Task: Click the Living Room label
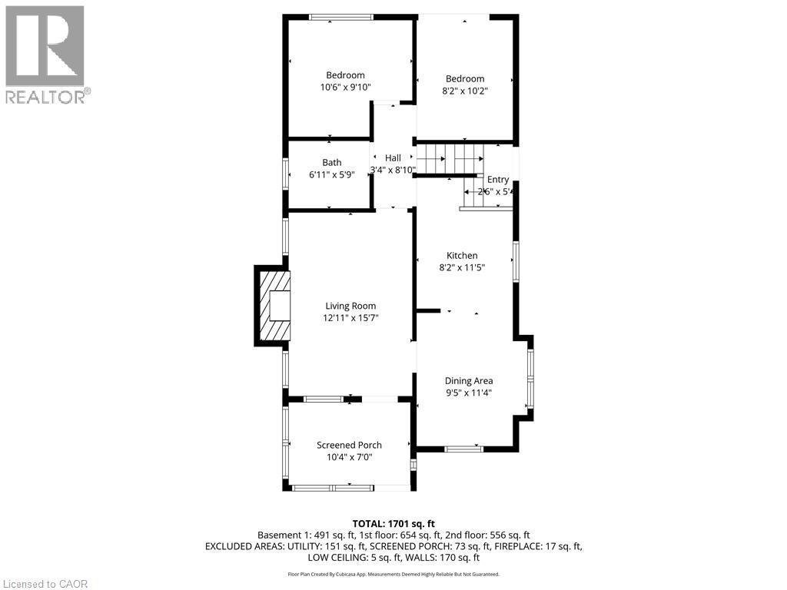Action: coord(350,306)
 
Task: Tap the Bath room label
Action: coord(332,162)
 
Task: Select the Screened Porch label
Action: coord(349,445)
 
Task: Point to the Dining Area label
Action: coord(469,380)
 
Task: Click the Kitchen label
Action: coord(463,256)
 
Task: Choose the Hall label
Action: coord(393,157)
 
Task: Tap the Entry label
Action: coord(498,180)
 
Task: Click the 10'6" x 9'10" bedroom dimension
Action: coord(345,88)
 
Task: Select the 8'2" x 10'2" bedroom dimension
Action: coord(465,90)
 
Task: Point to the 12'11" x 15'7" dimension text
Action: coord(350,317)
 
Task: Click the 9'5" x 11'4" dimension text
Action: coord(469,393)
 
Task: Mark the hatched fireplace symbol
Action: coord(274,306)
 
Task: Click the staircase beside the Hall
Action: coord(450,159)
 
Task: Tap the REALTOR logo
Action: coord(46,55)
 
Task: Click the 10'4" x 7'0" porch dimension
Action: coord(349,457)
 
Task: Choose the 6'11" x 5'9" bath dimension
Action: coord(332,174)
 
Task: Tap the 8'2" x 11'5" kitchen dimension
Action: coord(463,267)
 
